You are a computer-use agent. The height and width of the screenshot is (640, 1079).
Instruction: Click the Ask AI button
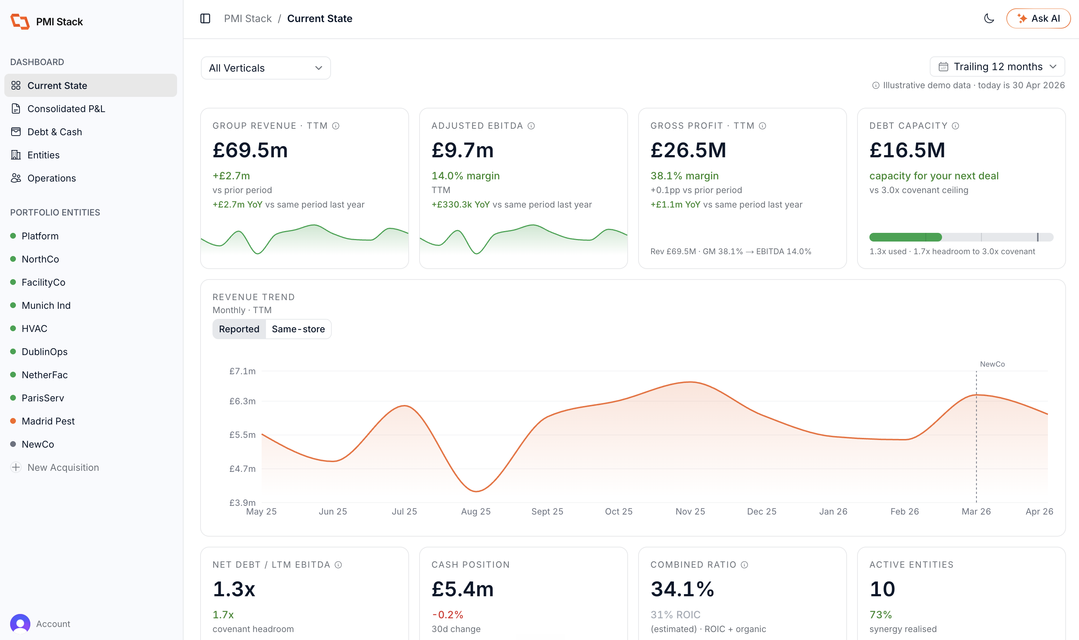pos(1038,18)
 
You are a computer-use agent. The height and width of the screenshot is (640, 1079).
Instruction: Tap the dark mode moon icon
pos(989,18)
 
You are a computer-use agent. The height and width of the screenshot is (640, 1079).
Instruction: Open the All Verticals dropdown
pos(266,68)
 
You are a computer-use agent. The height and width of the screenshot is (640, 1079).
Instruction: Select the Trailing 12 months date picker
pos(997,67)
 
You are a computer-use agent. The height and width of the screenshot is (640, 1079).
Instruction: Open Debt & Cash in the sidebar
pos(55,132)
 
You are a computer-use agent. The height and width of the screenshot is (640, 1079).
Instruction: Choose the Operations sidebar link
pos(52,178)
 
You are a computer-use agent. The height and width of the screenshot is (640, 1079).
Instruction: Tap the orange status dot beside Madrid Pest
pos(13,421)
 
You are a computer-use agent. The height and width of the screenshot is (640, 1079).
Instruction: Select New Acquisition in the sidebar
pos(63,468)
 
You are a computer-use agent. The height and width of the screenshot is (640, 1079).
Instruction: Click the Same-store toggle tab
pos(298,329)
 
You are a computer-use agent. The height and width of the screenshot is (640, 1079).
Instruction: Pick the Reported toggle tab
pos(239,329)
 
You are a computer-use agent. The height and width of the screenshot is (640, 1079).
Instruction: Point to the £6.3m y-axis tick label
pos(242,401)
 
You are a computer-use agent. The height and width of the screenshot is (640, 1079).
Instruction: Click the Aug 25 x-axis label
pos(476,512)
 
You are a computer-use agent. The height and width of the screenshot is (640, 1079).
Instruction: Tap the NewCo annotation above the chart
pos(992,364)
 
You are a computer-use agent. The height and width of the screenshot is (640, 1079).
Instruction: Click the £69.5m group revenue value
pos(250,150)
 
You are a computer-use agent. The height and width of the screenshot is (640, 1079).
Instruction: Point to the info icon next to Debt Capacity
pos(955,126)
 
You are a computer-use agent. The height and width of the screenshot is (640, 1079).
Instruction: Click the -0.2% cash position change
pos(447,615)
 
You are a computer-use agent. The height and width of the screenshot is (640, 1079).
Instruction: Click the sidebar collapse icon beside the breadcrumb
pos(205,18)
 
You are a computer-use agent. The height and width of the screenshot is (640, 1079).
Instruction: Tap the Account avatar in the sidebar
pos(20,624)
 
